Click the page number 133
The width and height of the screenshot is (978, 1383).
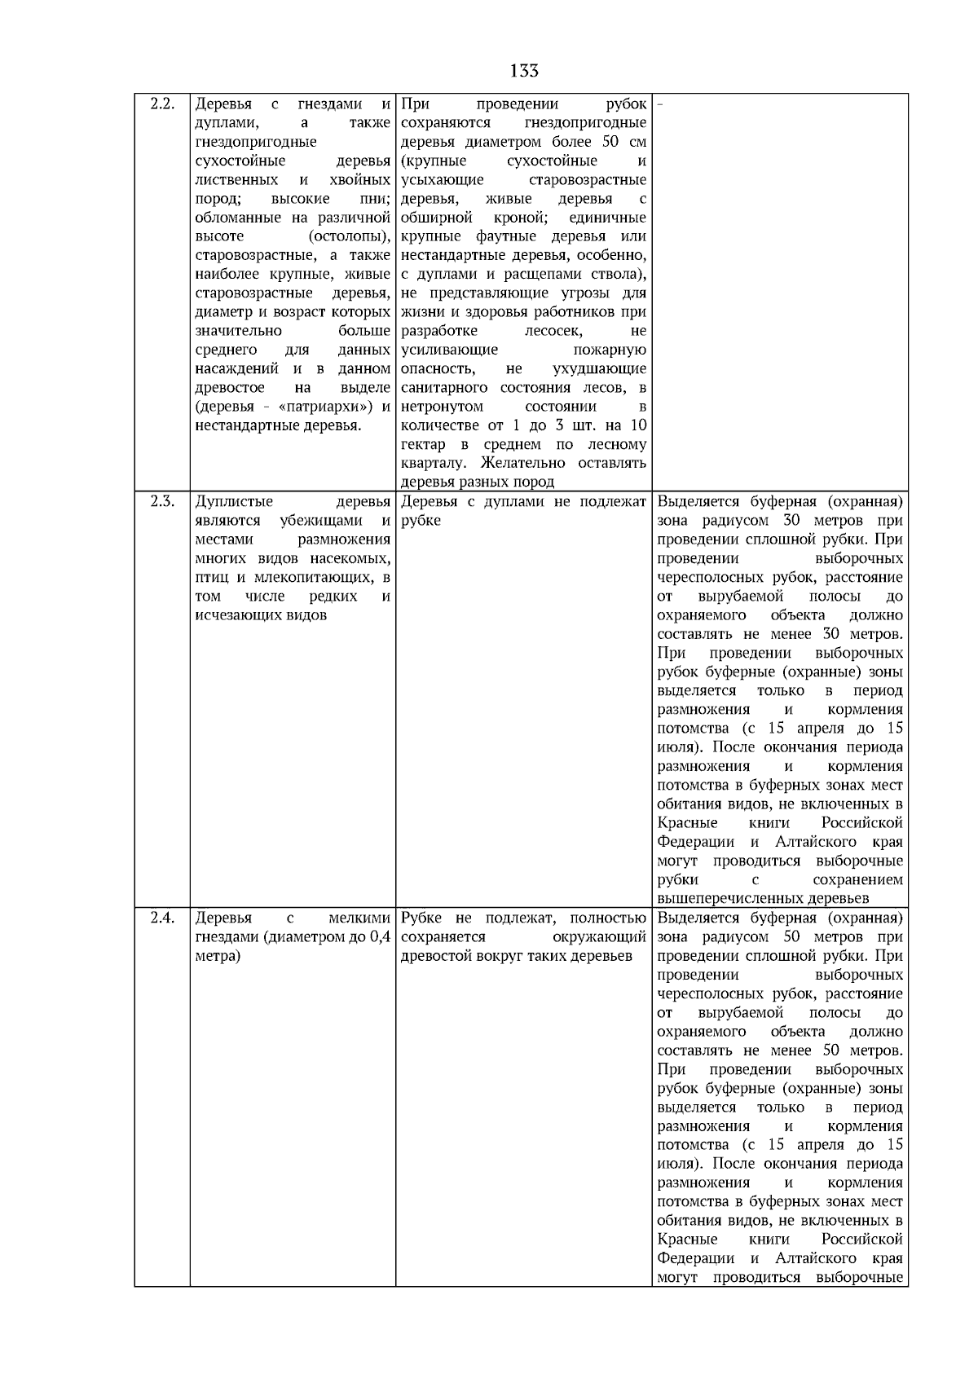(524, 71)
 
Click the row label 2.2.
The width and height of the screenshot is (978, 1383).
(162, 104)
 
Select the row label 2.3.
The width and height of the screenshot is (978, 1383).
(162, 501)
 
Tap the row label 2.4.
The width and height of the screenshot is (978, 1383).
(162, 918)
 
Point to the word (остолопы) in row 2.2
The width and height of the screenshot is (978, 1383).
(349, 236)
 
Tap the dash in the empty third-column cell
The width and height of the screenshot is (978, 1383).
(659, 104)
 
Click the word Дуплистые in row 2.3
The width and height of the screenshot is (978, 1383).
(234, 501)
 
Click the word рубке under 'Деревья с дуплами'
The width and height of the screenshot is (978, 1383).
(421, 521)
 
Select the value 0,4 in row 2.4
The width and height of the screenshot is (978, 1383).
(379, 937)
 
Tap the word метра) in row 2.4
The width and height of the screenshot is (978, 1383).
(218, 956)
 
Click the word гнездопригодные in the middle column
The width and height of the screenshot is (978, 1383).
(586, 123)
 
